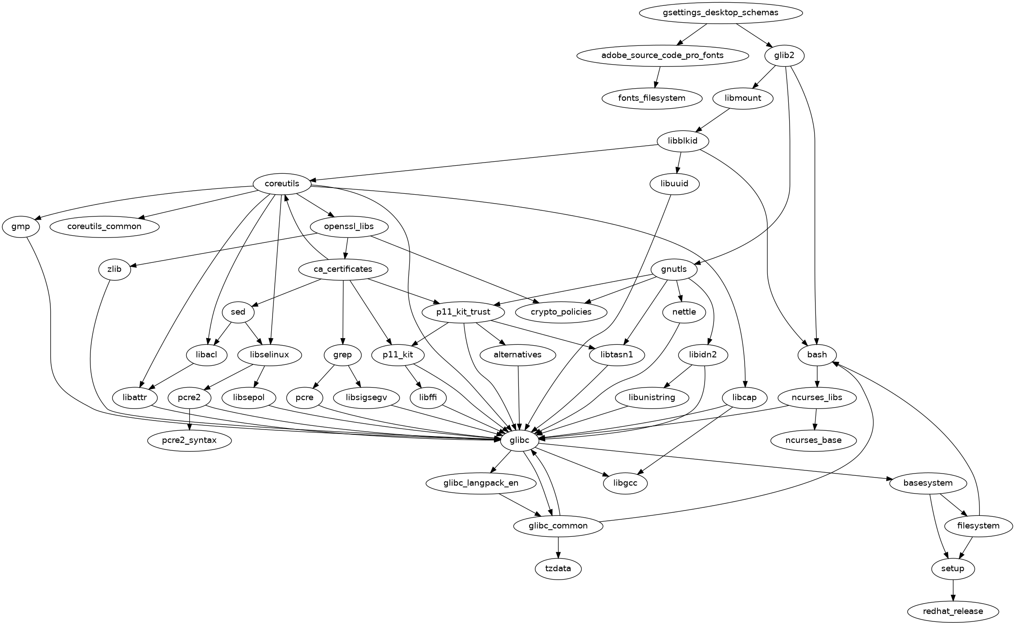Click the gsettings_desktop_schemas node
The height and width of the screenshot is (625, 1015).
pyautogui.click(x=720, y=12)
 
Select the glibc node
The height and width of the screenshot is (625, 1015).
pyautogui.click(x=520, y=441)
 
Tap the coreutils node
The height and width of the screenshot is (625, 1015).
pyautogui.click(x=282, y=184)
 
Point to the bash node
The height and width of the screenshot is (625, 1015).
pyautogui.click(x=817, y=355)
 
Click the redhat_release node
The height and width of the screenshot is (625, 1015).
pyautogui.click(x=953, y=611)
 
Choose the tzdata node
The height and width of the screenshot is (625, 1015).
pyautogui.click(x=558, y=568)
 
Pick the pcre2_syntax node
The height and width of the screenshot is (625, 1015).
pyautogui.click(x=190, y=441)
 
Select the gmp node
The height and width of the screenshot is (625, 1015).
pyautogui.click(x=20, y=226)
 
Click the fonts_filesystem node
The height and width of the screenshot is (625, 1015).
pyautogui.click(x=652, y=98)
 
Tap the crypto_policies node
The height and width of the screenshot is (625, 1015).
pyautogui.click(x=561, y=312)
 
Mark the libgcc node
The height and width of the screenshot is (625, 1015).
pyautogui.click(x=625, y=483)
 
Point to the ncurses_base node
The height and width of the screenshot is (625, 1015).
pyautogui.click(x=813, y=441)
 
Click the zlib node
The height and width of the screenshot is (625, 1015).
pyautogui.click(x=114, y=269)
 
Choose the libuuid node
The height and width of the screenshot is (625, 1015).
pyautogui.click(x=674, y=184)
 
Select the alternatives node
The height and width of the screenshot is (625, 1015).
pyautogui.click(x=518, y=355)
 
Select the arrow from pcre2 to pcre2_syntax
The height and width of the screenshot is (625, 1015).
pyautogui.click(x=190, y=419)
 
